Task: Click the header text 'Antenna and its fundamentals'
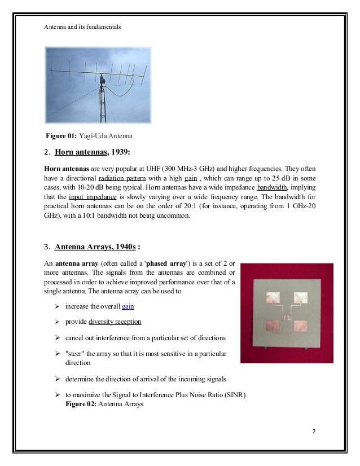[x=82, y=27]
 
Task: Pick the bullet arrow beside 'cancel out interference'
[x=57, y=337]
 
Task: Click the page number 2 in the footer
[x=315, y=432]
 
